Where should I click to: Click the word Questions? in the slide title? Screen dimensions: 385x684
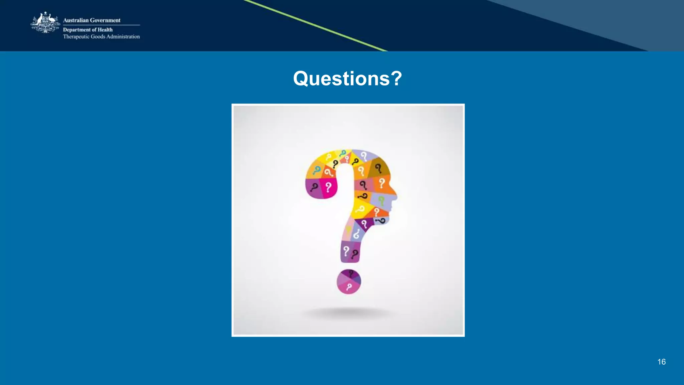[347, 78]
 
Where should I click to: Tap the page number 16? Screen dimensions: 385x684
[661, 362]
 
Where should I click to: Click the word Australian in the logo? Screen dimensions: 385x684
[76, 20]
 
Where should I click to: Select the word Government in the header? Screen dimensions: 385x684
[105, 20]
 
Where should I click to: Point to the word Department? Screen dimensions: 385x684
[76, 30]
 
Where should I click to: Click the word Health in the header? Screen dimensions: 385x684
[105, 30]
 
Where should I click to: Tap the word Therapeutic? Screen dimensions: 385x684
[76, 37]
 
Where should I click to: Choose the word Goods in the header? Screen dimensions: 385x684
[98, 37]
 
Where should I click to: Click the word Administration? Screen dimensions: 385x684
[123, 37]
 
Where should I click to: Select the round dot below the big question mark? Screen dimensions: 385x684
[349, 281]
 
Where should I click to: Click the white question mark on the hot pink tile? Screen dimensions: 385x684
[329, 187]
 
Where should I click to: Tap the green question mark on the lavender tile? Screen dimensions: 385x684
[381, 200]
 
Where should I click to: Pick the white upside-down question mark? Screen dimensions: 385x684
[356, 233]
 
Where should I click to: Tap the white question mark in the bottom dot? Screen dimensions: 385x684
[349, 287]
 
